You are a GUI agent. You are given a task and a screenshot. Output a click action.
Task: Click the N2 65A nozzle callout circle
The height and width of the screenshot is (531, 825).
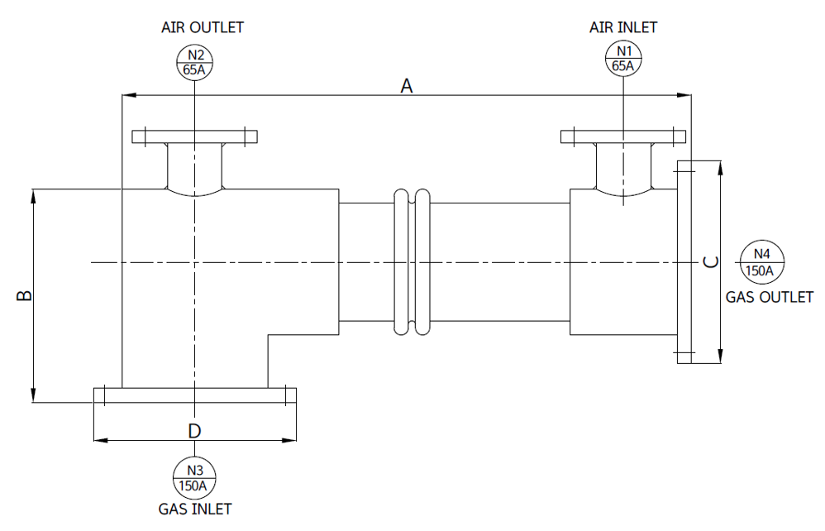coord(194,62)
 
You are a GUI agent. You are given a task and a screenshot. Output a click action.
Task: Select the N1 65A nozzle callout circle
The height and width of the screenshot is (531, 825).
coord(623,58)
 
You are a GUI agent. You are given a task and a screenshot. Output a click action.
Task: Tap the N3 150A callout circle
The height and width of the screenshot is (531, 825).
coord(194,478)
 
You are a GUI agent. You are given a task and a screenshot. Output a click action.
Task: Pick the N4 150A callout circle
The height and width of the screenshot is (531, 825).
coord(762,262)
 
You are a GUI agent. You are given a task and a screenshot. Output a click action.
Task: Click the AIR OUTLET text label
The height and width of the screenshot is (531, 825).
coord(203,27)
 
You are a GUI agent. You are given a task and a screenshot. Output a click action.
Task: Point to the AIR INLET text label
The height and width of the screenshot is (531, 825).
coord(623,27)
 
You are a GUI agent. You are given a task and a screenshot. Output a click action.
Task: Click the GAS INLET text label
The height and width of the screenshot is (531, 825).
coord(195,509)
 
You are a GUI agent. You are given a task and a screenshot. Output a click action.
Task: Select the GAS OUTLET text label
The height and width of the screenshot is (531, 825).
coord(770,297)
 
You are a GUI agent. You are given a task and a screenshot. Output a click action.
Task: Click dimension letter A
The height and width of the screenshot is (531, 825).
coord(407,86)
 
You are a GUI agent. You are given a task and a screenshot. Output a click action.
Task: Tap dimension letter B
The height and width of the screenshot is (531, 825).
coord(25,295)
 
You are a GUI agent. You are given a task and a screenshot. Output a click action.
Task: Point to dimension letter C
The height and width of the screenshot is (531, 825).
coord(711,261)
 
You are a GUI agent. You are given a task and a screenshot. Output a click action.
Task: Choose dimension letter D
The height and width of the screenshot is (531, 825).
coord(194,431)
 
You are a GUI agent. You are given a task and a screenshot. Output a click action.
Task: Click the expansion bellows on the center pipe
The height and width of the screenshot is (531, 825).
coord(412,262)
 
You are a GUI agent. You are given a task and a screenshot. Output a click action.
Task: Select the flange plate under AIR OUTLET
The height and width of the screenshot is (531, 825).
coord(194,136)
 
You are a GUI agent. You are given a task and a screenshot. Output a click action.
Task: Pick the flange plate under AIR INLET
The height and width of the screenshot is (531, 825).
coord(623,136)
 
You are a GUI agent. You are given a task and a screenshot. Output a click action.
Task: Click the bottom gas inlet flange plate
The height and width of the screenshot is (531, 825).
coord(195,395)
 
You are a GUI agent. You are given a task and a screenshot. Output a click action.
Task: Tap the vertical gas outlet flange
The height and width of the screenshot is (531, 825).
coord(684,262)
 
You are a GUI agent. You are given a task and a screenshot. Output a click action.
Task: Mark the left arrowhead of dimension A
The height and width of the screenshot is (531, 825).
coord(129,95)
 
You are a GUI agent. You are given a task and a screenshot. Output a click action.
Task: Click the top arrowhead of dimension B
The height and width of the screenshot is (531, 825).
coord(33,196)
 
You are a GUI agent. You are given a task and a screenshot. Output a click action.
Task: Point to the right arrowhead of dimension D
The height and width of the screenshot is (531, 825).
coord(289,440)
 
